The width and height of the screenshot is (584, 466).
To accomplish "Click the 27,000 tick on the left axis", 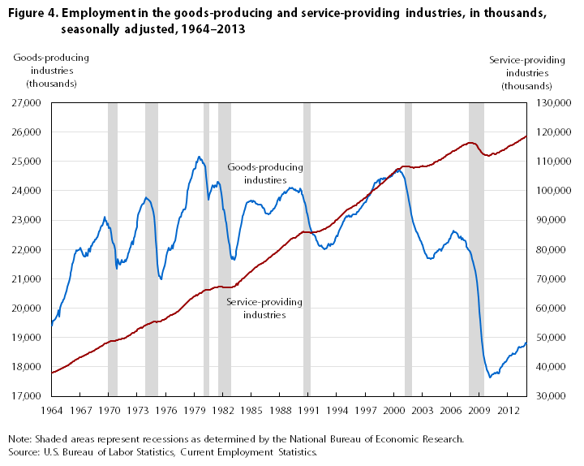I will (28, 103).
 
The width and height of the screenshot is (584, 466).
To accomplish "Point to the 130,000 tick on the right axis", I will (549, 103).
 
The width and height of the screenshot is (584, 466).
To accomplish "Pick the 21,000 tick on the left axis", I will (28, 278).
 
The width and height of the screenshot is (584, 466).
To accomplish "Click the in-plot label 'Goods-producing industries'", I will (265, 173).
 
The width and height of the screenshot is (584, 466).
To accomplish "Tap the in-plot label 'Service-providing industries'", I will (264, 308).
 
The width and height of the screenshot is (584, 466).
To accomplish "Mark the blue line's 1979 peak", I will (199, 157).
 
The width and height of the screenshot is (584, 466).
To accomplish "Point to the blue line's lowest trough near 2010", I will (490, 377).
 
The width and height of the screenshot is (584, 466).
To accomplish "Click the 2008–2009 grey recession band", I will (476, 244).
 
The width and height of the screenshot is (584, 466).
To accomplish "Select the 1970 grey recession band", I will (113, 244).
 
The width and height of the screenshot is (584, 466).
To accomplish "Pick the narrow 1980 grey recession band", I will (206, 244).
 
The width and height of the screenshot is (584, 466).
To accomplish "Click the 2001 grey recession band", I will (408, 244).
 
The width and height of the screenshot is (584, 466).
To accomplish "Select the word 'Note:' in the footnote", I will (21, 438).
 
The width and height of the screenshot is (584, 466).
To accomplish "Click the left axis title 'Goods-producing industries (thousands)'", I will (52, 71).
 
